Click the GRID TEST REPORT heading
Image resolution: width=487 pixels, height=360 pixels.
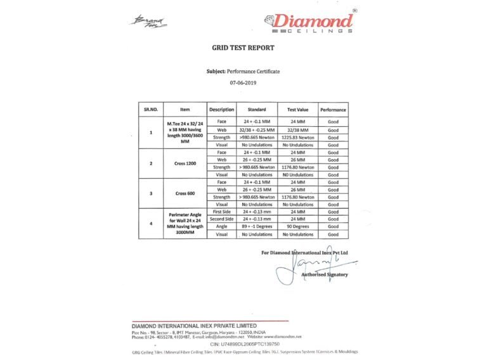(243, 48)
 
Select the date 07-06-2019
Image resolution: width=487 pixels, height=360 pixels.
(243, 82)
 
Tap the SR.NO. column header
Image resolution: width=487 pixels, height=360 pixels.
(151, 110)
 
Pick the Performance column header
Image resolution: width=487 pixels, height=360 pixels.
(333, 110)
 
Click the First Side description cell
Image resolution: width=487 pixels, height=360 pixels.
(222, 212)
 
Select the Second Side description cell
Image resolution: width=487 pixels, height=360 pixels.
(222, 219)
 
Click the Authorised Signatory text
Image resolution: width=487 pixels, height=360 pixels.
(324, 274)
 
